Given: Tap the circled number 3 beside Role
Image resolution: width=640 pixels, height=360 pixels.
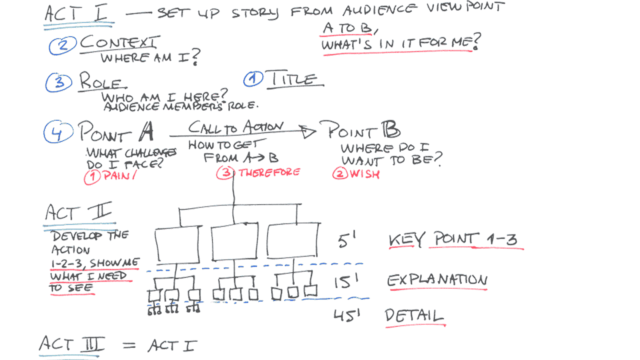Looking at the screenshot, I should (x=59, y=82).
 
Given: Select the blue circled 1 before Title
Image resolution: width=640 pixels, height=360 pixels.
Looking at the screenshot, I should (x=253, y=79).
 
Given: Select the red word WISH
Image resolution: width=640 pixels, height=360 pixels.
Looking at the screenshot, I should (x=365, y=174).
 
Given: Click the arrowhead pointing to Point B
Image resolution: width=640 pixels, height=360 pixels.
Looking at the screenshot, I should (x=307, y=132).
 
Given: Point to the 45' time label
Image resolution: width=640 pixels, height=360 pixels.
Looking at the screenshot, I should (x=347, y=315).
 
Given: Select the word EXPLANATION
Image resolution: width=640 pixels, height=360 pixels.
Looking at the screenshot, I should (x=437, y=280).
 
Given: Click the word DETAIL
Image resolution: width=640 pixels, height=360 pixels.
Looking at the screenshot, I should (x=414, y=316).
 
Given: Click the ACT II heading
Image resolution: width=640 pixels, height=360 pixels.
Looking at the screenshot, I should (x=79, y=212).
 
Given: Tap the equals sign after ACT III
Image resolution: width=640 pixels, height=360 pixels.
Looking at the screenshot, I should (x=129, y=346).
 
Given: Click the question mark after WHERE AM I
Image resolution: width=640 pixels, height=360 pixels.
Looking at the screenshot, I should (x=196, y=57).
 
